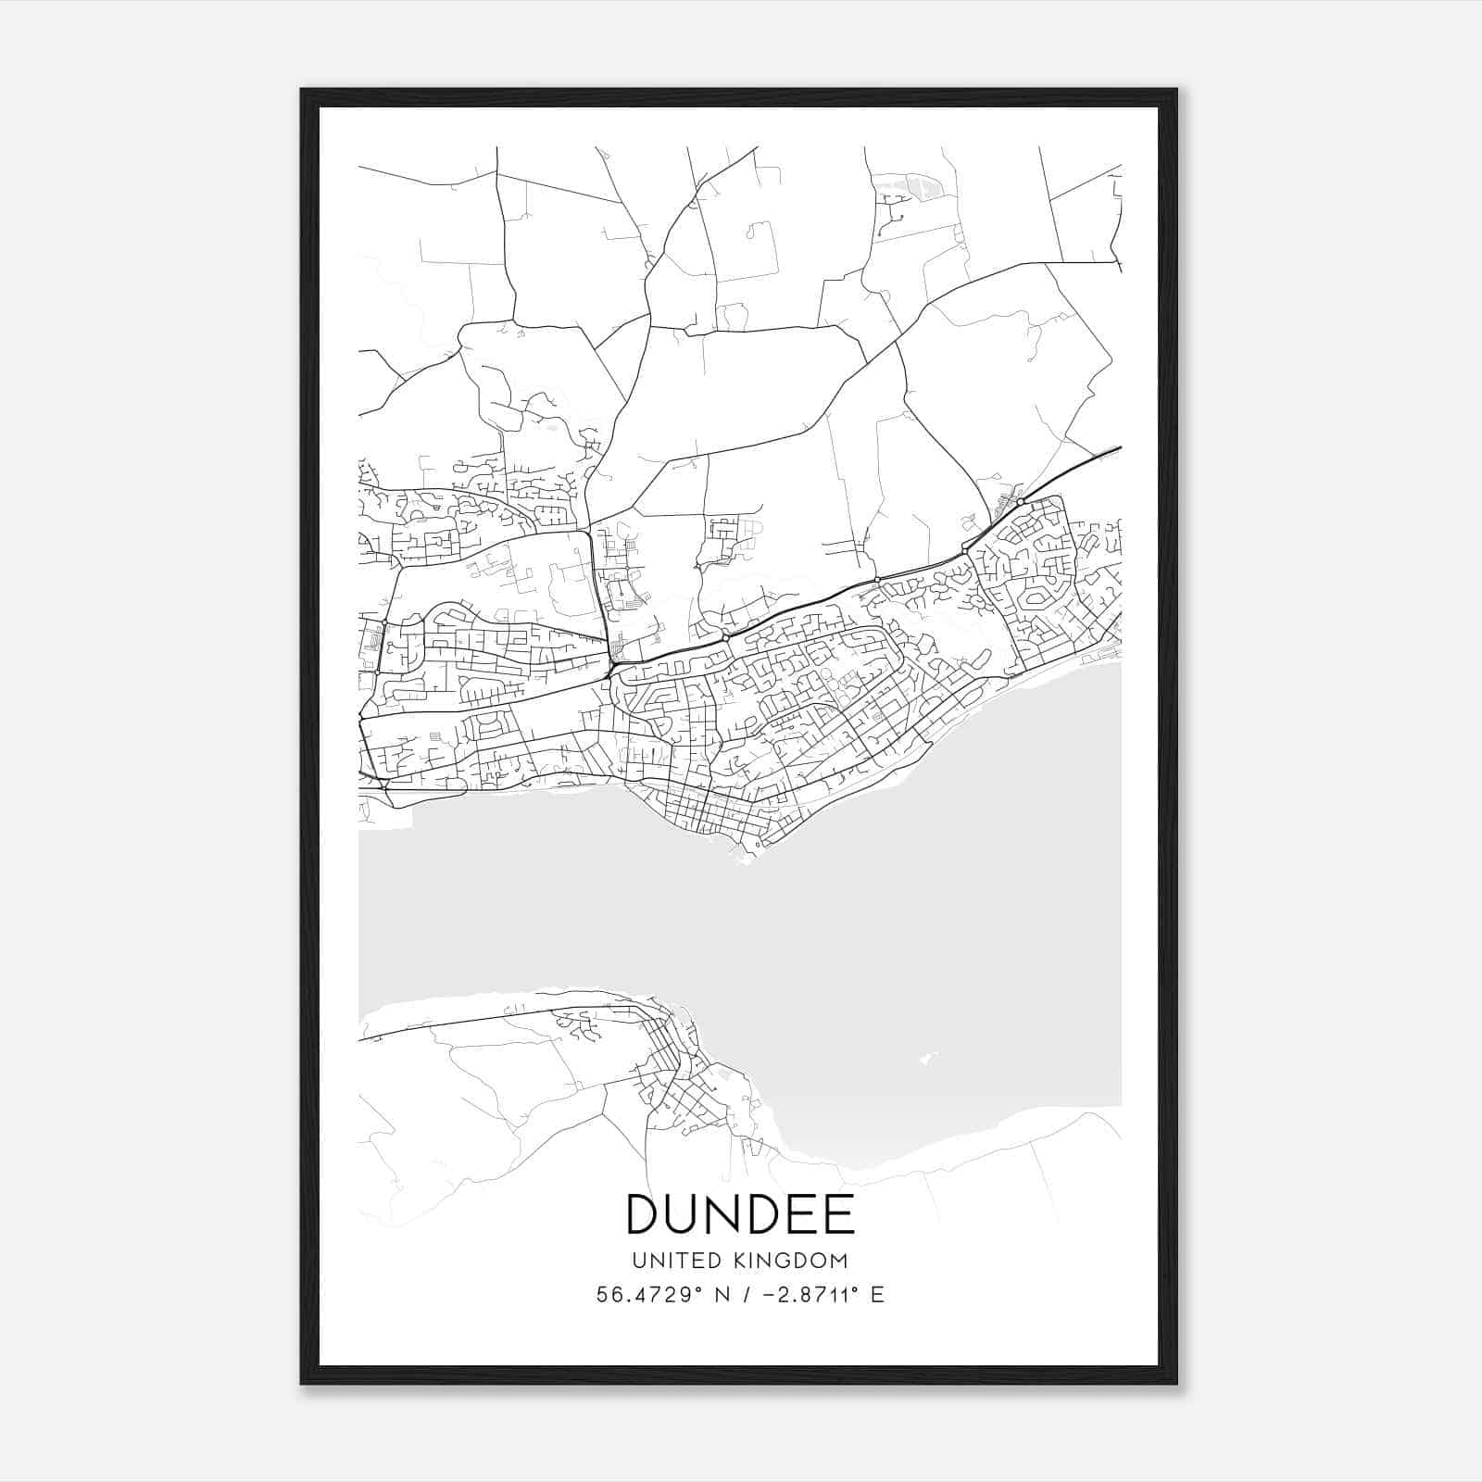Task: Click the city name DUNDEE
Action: click(x=740, y=1214)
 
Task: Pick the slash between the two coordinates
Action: click(x=745, y=1295)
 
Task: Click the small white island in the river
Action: click(x=926, y=1056)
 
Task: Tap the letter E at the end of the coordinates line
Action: click(x=877, y=1295)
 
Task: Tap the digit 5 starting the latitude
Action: click(x=602, y=1295)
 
